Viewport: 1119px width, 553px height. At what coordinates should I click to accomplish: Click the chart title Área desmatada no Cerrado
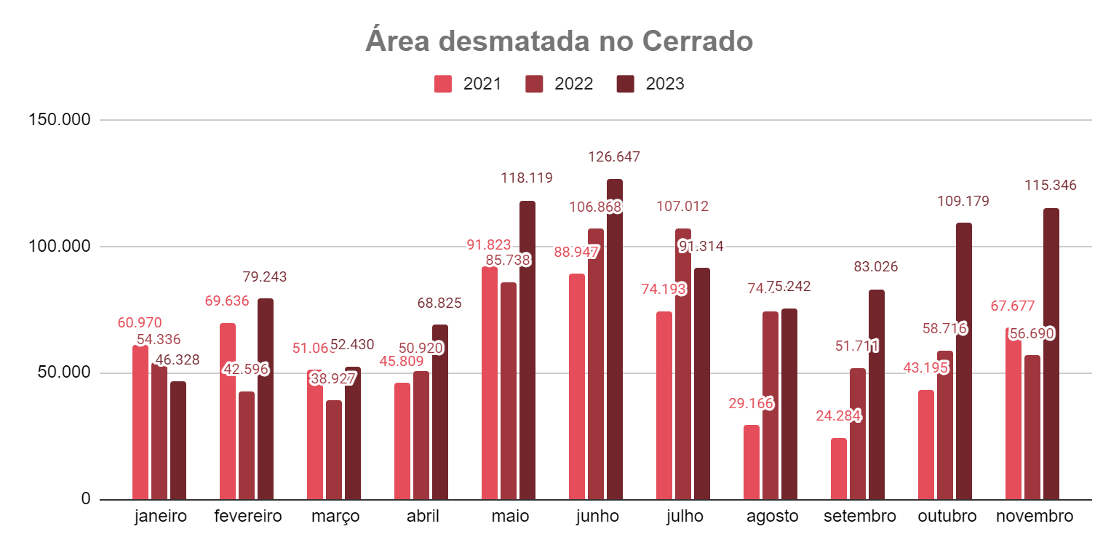pyautogui.click(x=559, y=41)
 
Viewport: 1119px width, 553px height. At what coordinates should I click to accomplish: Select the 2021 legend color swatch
pyautogui.click(x=442, y=84)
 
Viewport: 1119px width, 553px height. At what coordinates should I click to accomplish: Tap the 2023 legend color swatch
pyautogui.click(x=625, y=84)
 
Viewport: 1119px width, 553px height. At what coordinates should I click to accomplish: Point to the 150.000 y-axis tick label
pyautogui.click(x=60, y=119)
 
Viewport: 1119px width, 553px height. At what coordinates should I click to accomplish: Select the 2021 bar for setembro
pyautogui.click(x=839, y=469)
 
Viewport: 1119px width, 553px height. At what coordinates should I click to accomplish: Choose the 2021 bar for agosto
pyautogui.click(x=752, y=462)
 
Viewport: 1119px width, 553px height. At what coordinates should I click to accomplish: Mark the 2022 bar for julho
pyautogui.click(x=683, y=364)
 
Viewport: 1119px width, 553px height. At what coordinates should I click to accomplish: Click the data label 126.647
pyautogui.click(x=615, y=156)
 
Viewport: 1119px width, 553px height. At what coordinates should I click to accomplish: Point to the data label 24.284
pyautogui.click(x=837, y=416)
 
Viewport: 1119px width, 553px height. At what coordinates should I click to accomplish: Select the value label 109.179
pyautogui.click(x=963, y=201)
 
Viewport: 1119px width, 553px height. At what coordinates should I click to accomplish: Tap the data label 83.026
pyautogui.click(x=875, y=267)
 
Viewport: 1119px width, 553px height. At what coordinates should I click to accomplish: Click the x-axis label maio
pyautogui.click(x=510, y=517)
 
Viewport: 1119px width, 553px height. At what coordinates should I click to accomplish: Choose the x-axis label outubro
pyautogui.click(x=947, y=517)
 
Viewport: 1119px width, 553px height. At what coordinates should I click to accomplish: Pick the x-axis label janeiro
pyautogui.click(x=161, y=517)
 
